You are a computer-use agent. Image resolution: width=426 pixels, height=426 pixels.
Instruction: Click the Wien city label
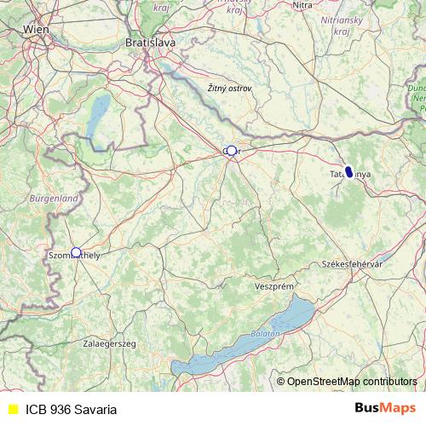click(x=36, y=29)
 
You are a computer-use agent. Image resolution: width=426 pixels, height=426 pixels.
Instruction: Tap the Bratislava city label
click(x=150, y=41)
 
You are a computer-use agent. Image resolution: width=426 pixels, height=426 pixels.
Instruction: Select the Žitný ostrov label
click(x=229, y=88)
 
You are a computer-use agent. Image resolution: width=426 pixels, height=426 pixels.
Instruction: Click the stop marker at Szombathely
click(x=76, y=252)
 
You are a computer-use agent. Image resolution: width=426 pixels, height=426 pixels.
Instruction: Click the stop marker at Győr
click(x=231, y=151)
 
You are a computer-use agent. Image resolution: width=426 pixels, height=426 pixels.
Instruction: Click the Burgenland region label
click(x=54, y=198)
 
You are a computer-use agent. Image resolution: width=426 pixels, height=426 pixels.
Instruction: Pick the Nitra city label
click(x=302, y=5)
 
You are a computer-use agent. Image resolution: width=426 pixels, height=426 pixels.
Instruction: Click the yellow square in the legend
click(x=13, y=409)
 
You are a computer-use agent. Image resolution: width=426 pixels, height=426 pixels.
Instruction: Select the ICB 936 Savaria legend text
click(x=71, y=409)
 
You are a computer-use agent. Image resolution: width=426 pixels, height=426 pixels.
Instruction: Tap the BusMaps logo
click(x=385, y=408)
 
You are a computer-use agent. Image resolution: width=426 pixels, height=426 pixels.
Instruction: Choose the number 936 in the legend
click(x=60, y=409)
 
